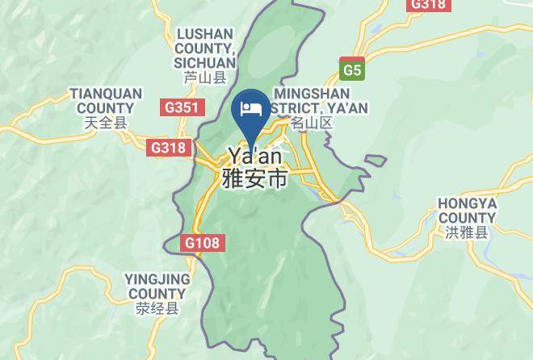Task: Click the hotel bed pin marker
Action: coord(250,110)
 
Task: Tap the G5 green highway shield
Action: coord(351,69)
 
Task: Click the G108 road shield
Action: coord(201,242)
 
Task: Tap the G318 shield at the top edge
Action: coord(427,4)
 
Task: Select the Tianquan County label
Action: coord(106,101)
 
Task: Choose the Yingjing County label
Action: coord(157,286)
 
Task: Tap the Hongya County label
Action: coord(467,210)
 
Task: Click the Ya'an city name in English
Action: coord(254,155)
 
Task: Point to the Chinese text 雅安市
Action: coord(254,178)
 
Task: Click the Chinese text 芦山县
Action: coord(205,78)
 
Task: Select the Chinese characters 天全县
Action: coord(106,123)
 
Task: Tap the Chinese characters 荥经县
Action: coord(157,308)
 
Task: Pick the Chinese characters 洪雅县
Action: coord(467,232)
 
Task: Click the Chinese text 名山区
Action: coord(311,123)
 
